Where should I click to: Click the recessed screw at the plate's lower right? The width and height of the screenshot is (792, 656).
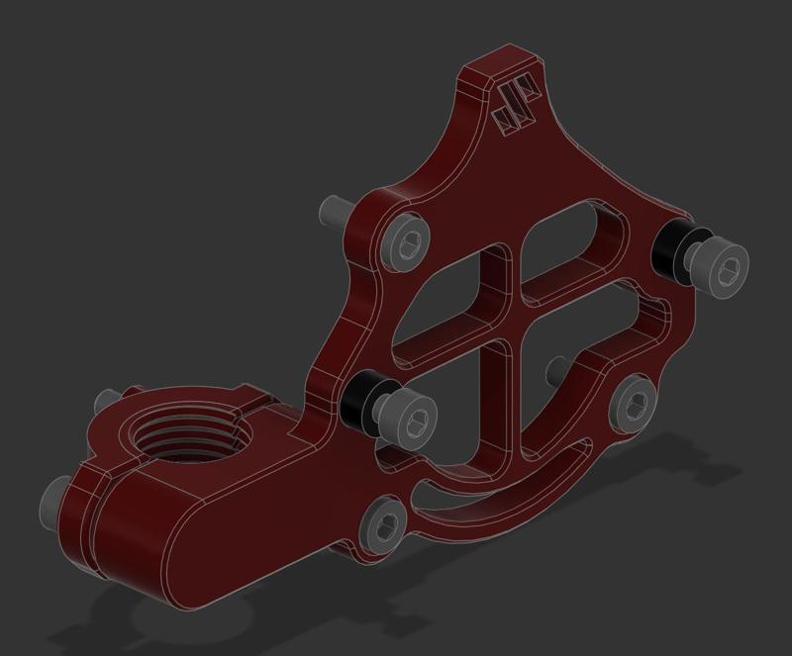tap(632, 401)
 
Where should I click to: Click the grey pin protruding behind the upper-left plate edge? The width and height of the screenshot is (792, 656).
tap(333, 210)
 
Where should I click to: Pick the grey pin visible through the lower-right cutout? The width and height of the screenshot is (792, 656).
tap(556, 370)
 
